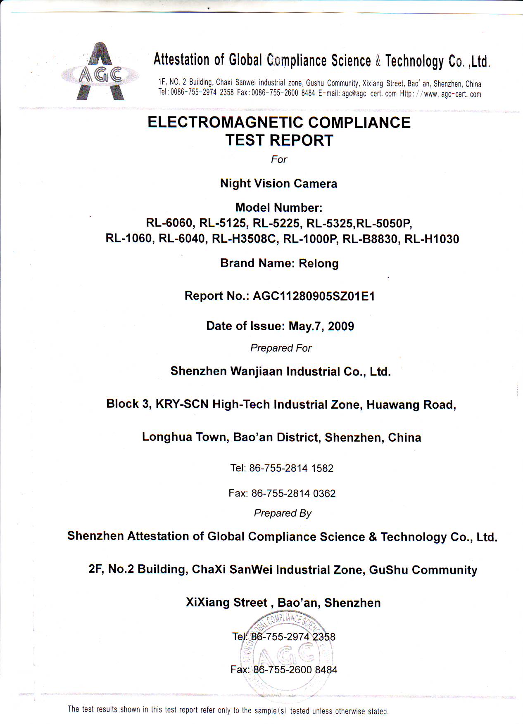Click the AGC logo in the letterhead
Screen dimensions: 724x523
[x=100, y=72]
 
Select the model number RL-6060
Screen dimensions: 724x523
[x=169, y=223]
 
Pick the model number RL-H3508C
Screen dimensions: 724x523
[x=244, y=239]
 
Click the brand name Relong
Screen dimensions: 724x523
[x=319, y=263]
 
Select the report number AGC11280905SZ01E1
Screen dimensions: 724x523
[x=314, y=296]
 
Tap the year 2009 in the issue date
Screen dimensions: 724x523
[x=341, y=326]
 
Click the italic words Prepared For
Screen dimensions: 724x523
[x=281, y=348]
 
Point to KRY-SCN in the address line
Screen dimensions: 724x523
[x=182, y=404]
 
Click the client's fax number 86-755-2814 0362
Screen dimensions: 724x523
[x=293, y=493]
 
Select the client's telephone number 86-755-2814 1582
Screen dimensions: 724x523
[x=291, y=468]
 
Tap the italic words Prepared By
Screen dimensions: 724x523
[x=283, y=513]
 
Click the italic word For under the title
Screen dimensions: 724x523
[x=279, y=159]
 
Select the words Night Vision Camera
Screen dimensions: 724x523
[x=278, y=184]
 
